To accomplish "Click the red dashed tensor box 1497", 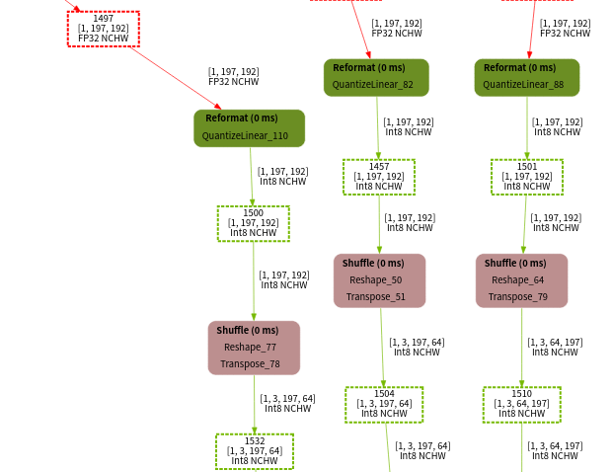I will [x=103, y=29].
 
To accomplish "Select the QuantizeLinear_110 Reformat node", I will [x=249, y=128].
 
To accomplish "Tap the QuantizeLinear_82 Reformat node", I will [x=376, y=77].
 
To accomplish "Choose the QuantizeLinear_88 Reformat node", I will [x=526, y=77].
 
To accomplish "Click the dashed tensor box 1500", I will [x=253, y=223].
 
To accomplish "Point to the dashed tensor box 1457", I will [x=378, y=177].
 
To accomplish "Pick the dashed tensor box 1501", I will [x=526, y=177].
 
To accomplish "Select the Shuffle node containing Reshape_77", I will [x=254, y=348].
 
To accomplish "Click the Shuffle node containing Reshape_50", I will [x=379, y=280].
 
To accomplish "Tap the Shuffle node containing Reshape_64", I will [x=521, y=280].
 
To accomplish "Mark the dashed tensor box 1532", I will [x=254, y=451].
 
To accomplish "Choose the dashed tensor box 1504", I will [x=383, y=404].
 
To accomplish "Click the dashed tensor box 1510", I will [x=521, y=404].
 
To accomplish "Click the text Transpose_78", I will [x=250, y=364].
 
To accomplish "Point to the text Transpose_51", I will [x=375, y=297].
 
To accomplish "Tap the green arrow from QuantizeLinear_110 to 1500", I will [x=251, y=176].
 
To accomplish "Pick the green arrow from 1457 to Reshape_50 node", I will [x=379, y=224].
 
